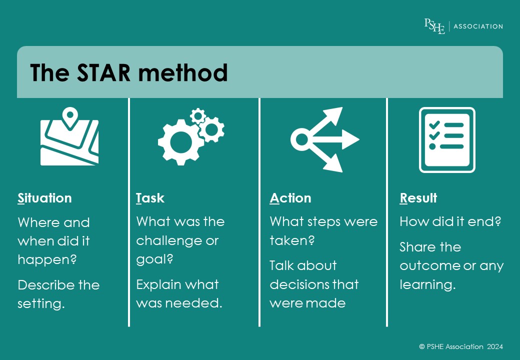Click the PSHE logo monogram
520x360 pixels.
434,26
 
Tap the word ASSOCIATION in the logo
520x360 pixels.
478,26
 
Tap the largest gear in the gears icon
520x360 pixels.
180,142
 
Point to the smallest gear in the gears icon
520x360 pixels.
198,116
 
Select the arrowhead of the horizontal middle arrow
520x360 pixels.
350,139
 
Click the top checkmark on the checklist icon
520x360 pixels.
434,125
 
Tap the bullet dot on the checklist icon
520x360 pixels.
432,146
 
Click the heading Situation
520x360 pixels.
45,198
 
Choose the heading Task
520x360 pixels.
150,198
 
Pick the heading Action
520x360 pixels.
290,198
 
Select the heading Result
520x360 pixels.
418,198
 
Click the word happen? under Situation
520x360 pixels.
47,259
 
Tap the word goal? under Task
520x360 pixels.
154,259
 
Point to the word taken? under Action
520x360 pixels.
292,240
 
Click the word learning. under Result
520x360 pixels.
428,285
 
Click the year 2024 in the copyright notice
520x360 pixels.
495,346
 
